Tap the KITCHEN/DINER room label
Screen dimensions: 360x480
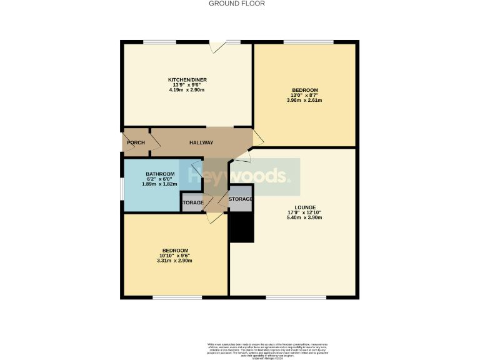click(x=187, y=80)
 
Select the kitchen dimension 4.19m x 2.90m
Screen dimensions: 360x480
click(x=187, y=91)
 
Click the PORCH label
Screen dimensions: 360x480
click(x=136, y=143)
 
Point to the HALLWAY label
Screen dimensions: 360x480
click(x=201, y=143)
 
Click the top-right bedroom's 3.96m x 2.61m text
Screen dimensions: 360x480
click(x=304, y=101)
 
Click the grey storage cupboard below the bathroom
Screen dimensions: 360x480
click(x=192, y=203)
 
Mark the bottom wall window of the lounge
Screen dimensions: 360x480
click(x=290, y=297)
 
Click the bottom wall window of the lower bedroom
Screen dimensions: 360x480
click(x=172, y=297)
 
